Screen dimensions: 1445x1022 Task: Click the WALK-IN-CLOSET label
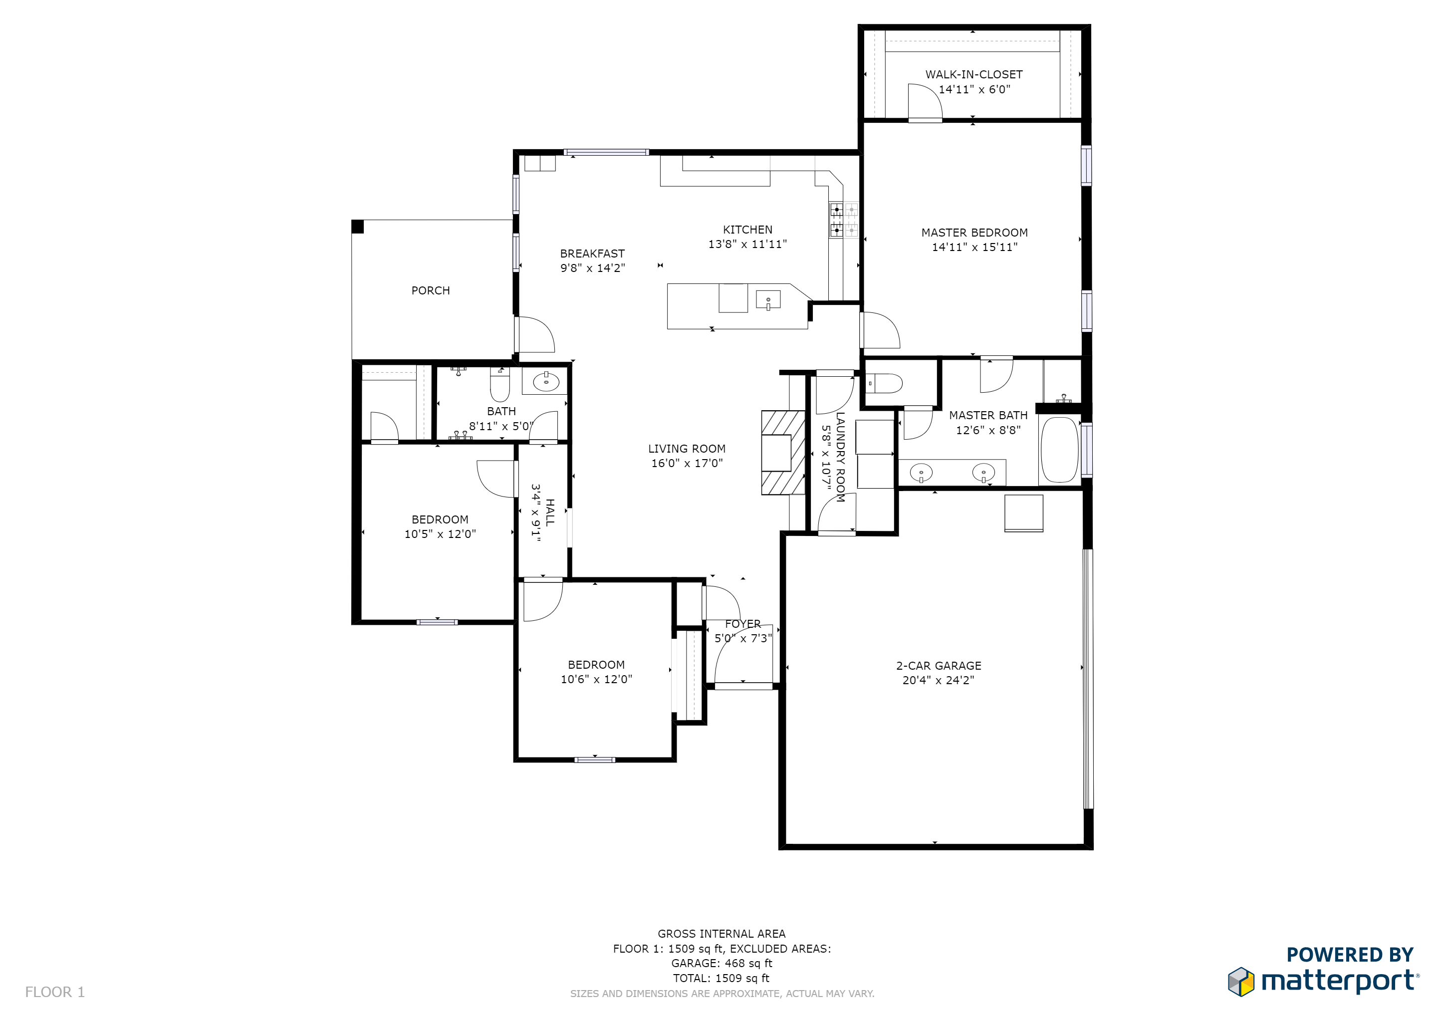click(973, 74)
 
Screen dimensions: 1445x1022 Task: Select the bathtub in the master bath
click(1060, 449)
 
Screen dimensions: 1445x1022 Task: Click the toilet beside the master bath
click(884, 383)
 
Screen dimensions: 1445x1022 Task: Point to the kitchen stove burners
click(843, 220)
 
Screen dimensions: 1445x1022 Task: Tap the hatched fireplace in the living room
click(783, 453)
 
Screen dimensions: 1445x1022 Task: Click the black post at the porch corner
click(357, 227)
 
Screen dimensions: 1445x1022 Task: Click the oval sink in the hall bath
click(546, 381)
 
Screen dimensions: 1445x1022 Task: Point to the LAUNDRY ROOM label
click(840, 457)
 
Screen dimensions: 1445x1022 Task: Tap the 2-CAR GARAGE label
click(939, 666)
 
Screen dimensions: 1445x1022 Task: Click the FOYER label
click(742, 624)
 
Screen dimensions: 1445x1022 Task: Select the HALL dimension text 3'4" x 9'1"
click(535, 513)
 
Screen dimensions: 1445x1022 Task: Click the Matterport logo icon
click(1241, 983)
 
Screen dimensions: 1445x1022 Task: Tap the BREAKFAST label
click(592, 254)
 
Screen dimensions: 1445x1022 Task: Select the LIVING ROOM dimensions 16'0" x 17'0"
click(687, 463)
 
